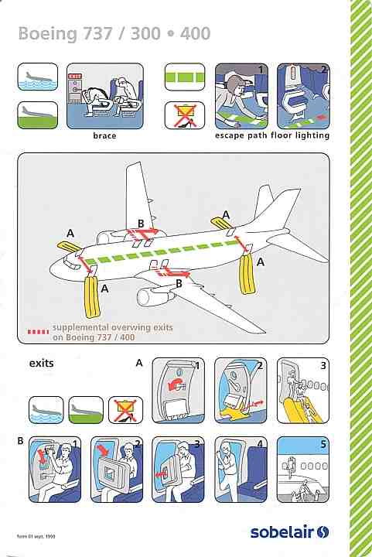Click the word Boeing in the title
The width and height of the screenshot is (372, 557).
tap(48, 34)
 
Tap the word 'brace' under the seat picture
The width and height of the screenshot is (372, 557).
tap(104, 135)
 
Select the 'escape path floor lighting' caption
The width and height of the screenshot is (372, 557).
tap(272, 135)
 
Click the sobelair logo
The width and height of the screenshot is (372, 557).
tap(289, 531)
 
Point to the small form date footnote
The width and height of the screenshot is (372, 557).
tap(36, 536)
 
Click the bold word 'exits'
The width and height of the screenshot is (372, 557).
tap(42, 364)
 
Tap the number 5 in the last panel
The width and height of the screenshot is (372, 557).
tap(323, 444)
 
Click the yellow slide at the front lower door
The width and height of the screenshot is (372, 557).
tap(93, 298)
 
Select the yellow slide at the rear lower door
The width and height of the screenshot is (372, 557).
tap(247, 274)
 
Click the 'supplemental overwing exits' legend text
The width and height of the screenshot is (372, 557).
tap(112, 327)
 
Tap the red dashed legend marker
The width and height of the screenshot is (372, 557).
tap(39, 332)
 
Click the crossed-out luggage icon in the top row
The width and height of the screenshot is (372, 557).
tap(185, 115)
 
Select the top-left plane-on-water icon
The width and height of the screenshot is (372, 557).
tap(38, 77)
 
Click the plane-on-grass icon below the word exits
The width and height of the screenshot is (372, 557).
tap(86, 410)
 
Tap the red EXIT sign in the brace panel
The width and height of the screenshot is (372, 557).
tap(75, 77)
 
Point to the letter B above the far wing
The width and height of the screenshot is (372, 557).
tap(141, 224)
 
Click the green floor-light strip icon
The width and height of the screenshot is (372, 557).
tap(185, 77)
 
